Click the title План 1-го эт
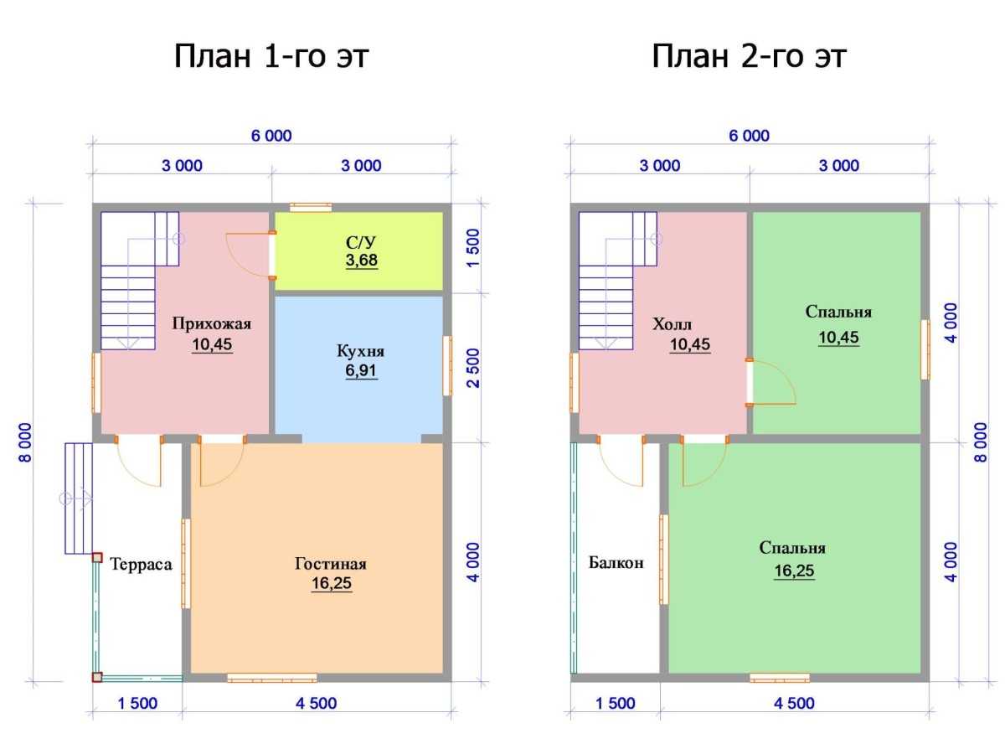point(271,57)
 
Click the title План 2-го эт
point(749,57)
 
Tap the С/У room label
point(361,242)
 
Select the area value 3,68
point(361,260)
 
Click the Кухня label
point(360,351)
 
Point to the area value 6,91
point(361,370)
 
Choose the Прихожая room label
point(212,323)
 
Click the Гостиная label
point(331,563)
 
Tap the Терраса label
point(141,564)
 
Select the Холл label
point(672,324)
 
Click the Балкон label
point(616,562)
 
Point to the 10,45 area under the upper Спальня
point(838,338)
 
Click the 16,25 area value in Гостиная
point(332,584)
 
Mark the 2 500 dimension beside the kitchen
point(474,368)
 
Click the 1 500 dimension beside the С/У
point(474,248)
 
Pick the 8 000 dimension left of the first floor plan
point(26,442)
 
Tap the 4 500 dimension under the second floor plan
point(794,703)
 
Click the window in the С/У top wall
point(311,207)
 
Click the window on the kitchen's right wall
point(447,366)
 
